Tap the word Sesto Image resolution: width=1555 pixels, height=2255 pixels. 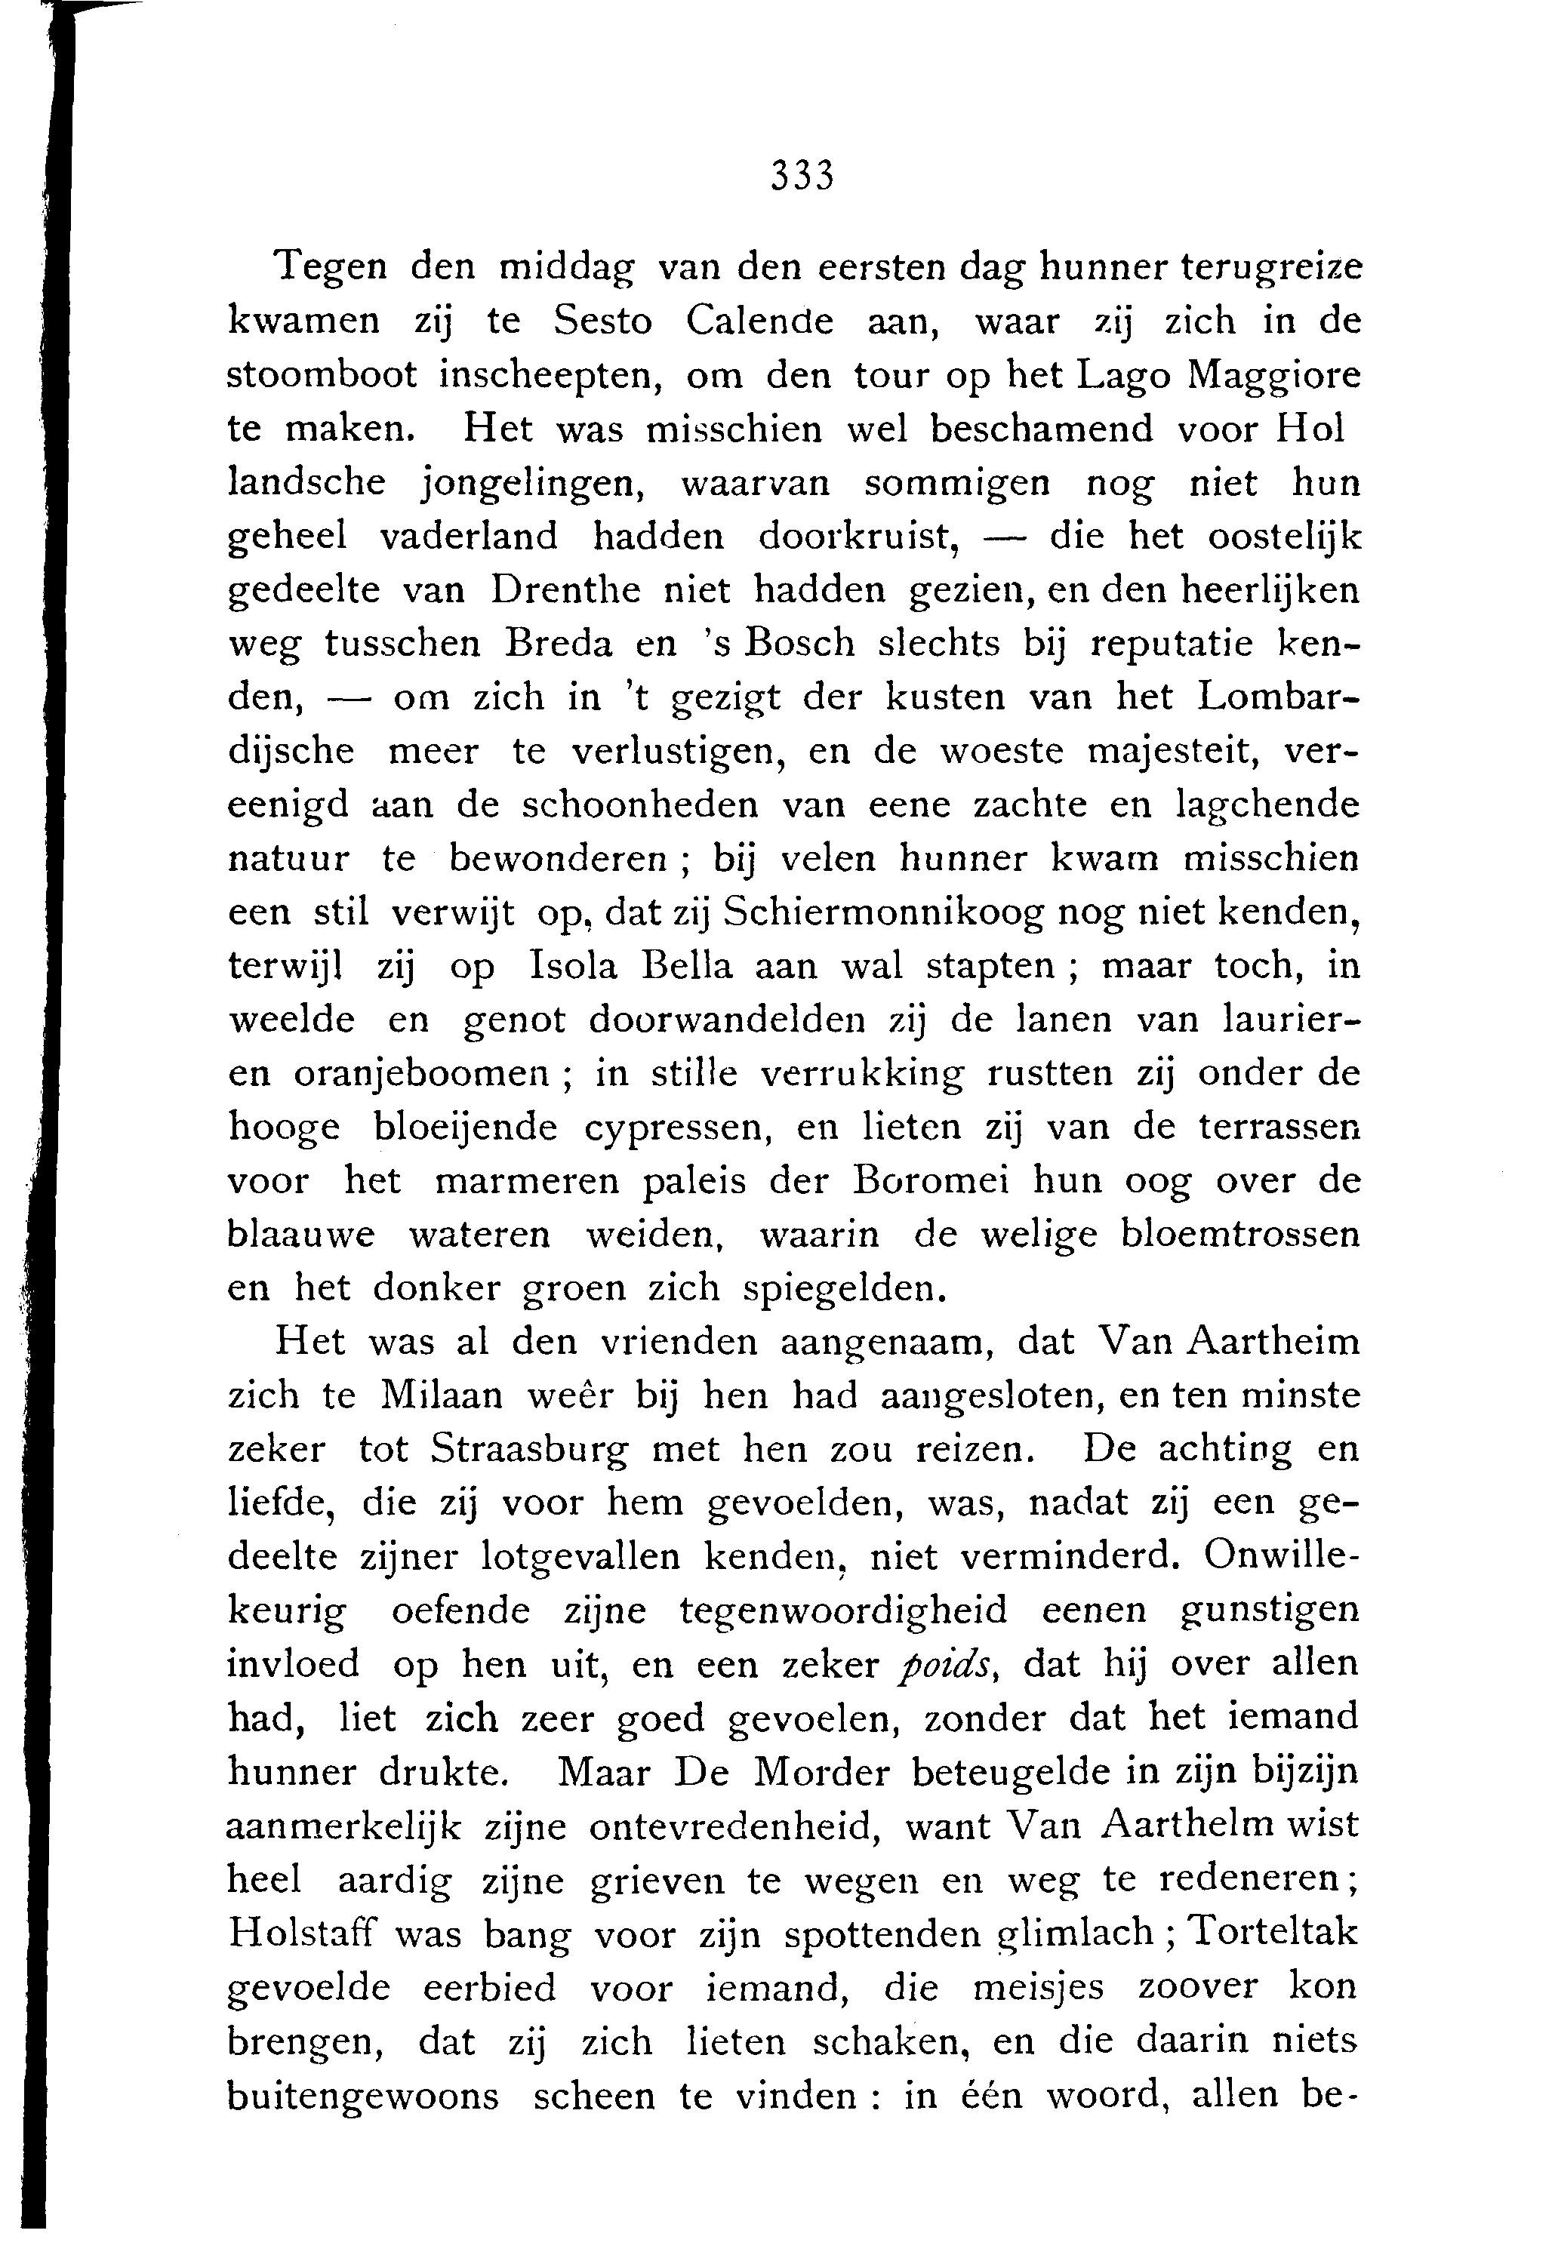pyautogui.click(x=602, y=321)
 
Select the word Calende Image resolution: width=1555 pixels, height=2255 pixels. pyautogui.click(x=759, y=321)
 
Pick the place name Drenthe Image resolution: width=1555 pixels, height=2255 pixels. pyautogui.click(x=566, y=590)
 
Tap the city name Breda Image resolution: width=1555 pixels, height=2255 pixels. pyautogui.click(x=560, y=644)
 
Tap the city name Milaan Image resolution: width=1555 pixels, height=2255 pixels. pyautogui.click(x=442, y=1397)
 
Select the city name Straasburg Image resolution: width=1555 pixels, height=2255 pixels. pyautogui.click(x=530, y=1451)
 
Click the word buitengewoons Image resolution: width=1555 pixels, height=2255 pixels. pyautogui.click(x=362, y=2095)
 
